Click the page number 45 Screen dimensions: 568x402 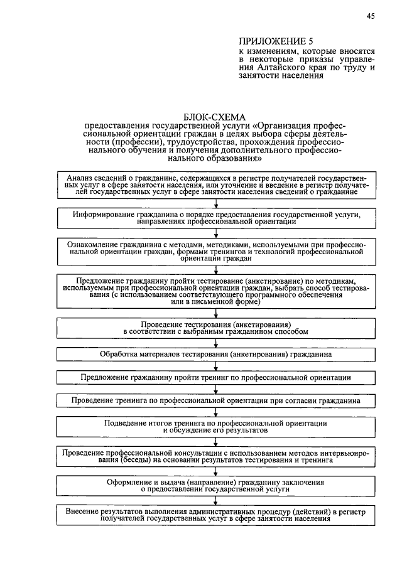click(371, 17)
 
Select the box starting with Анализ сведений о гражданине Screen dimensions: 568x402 click(215, 186)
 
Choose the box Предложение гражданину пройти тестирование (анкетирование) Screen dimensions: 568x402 click(215, 291)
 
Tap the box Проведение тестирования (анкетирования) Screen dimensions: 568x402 click(215, 328)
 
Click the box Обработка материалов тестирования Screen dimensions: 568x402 click(215, 355)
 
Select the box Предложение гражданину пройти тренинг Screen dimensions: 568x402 click(215, 377)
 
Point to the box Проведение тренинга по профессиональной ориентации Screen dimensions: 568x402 click(215, 400)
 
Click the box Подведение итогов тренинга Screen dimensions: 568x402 click(215, 427)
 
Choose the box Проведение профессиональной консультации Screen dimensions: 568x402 click(215, 456)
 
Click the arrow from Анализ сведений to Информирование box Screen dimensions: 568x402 click(215, 203)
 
